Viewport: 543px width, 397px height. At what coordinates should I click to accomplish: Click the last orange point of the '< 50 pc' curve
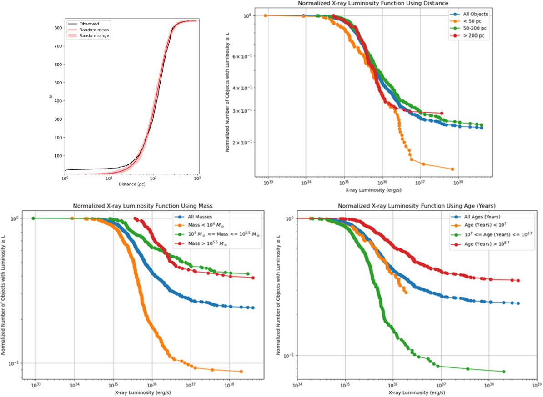[452, 169]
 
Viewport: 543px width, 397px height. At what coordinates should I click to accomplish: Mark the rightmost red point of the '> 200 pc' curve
[442, 113]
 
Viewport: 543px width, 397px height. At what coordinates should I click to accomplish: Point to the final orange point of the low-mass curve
[241, 372]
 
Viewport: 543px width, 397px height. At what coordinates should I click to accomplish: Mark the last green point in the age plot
[503, 372]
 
